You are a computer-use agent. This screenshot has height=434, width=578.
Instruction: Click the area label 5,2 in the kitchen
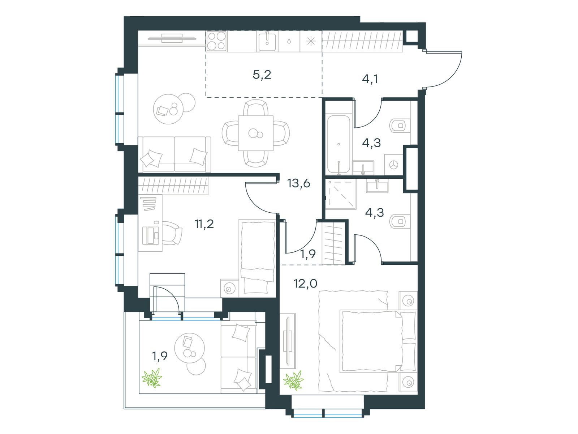click(x=262, y=75)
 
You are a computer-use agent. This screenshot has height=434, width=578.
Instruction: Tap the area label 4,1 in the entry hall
click(x=370, y=79)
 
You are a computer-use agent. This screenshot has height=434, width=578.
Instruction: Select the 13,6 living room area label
click(x=299, y=184)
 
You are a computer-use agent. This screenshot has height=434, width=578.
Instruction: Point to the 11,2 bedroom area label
click(x=204, y=224)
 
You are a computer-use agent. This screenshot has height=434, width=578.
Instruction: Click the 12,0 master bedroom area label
click(x=305, y=284)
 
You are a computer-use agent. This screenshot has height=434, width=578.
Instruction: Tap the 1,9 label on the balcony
click(x=160, y=357)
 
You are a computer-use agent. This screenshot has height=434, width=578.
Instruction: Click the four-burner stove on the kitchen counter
click(x=217, y=41)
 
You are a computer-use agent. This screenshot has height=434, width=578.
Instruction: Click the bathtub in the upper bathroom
click(x=338, y=144)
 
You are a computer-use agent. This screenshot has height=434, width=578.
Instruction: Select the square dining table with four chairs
click(x=255, y=133)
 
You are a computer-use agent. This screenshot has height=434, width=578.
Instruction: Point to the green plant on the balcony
click(x=152, y=378)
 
